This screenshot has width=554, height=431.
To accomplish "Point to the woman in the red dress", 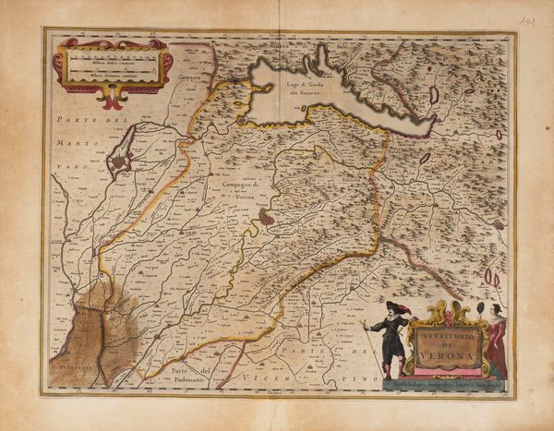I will (497, 345).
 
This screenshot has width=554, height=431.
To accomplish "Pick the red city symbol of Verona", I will (266, 217).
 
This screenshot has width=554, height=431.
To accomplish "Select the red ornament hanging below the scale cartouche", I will (112, 96).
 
